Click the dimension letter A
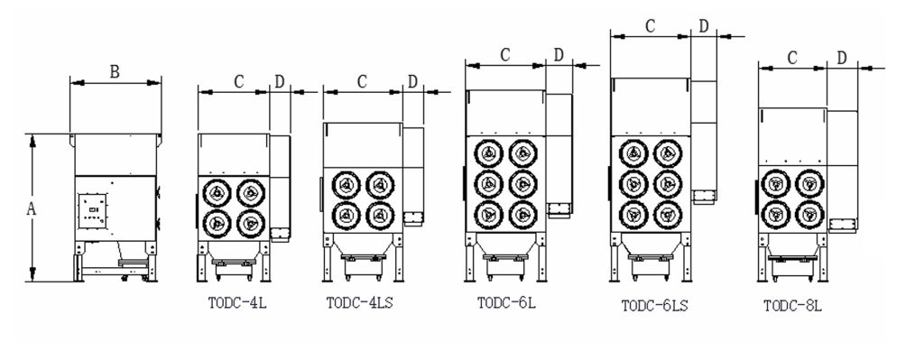(32, 209)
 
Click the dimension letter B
(115, 72)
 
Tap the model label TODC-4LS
(359, 303)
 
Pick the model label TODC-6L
(506, 303)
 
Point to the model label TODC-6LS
(655, 306)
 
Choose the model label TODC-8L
(792, 306)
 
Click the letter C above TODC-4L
(238, 82)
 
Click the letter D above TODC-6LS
(704, 26)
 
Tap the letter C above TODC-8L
(792, 58)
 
